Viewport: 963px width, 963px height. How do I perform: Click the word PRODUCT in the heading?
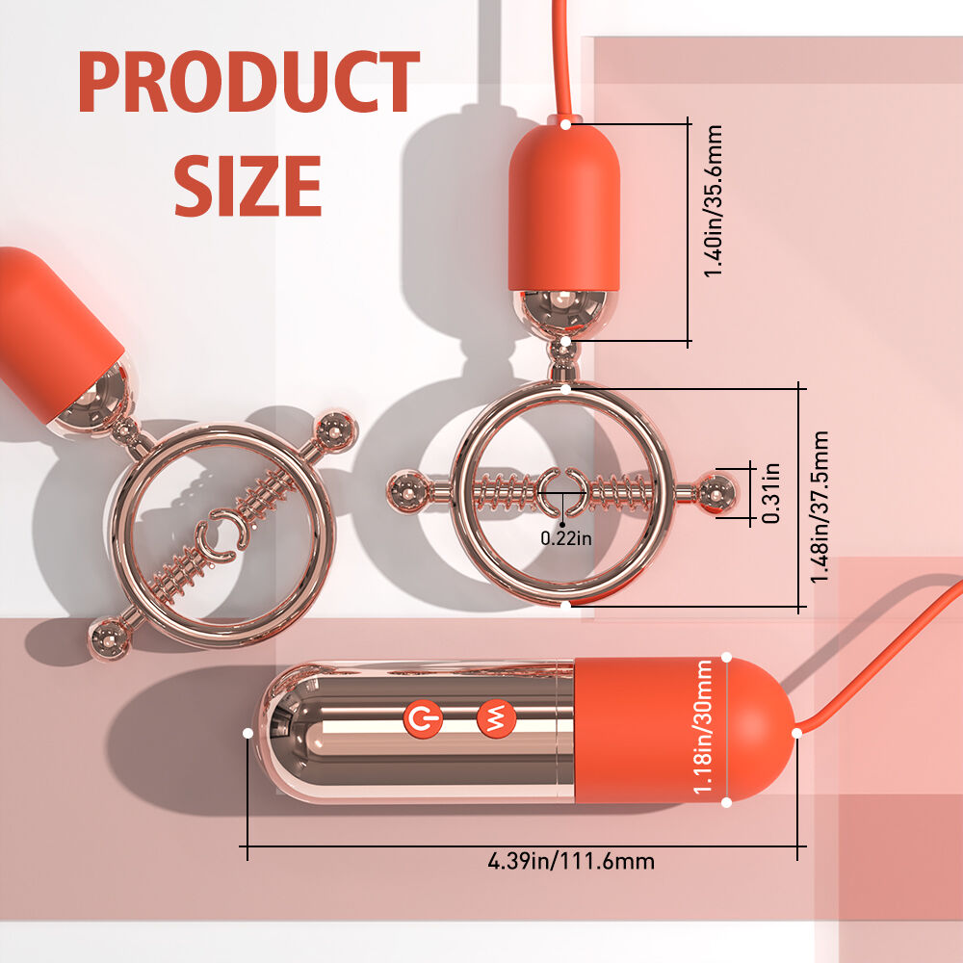coord(248,82)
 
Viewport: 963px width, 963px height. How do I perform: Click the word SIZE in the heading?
coord(248,186)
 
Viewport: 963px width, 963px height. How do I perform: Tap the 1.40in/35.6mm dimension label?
coord(713,201)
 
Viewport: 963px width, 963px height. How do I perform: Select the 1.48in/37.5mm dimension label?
coord(820,507)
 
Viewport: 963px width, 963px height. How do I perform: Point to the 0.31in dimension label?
coord(770,493)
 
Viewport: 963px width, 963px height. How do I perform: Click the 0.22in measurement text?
coord(566,538)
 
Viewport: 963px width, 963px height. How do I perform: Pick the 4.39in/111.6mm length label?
coord(571,861)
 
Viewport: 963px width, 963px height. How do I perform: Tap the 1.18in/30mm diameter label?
coord(703,726)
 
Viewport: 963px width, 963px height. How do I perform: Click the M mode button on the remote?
coord(496,717)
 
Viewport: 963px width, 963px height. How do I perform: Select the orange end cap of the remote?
coord(684,730)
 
